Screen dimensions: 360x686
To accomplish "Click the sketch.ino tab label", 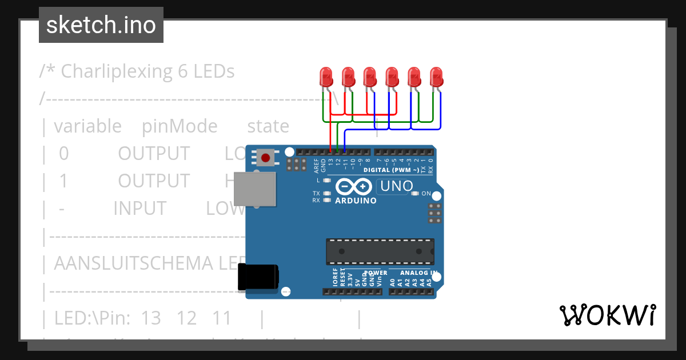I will coord(101,25).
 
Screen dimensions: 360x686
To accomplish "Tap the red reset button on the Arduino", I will coord(265,157).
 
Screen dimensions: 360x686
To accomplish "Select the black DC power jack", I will coord(258,277).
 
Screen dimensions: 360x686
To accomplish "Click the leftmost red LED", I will coord(326,77).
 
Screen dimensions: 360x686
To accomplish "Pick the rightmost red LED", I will coord(436,77).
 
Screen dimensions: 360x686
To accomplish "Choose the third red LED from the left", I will coord(370,77).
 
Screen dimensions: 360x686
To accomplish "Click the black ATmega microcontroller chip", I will coord(380,251).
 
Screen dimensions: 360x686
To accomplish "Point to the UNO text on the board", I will coord(397,186).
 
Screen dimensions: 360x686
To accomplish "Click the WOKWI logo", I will coord(607,315).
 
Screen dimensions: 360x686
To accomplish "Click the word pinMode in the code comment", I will coord(180,126).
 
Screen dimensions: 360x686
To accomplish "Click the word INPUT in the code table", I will coord(140,209).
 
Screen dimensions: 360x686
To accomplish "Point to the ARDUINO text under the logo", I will coord(356,201).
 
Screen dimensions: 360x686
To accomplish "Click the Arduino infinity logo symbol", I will coord(354,186).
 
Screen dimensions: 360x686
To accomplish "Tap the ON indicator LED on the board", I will coord(415,194).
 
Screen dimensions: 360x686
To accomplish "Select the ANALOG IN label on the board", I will coord(418,273).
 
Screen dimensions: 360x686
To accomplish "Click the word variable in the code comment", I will coord(87,126).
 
